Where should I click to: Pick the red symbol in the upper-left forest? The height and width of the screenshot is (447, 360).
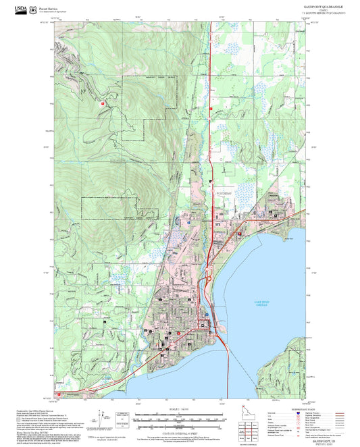(103, 103)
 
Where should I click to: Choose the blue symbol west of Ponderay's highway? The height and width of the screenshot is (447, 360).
(188, 221)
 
